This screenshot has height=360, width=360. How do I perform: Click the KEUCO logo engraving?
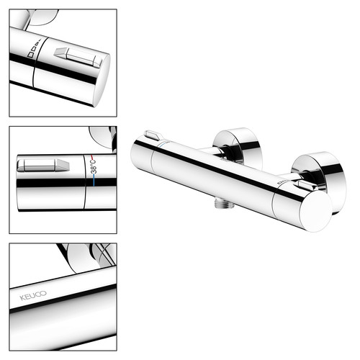[x=33, y=295]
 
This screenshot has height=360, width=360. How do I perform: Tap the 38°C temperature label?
[x=94, y=167]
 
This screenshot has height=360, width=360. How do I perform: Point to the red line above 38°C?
[x=92, y=157]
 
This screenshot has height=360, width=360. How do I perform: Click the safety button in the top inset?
[x=78, y=58]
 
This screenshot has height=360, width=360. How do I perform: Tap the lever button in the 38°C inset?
[x=43, y=165]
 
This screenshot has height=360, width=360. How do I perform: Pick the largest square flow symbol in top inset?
[x=30, y=55]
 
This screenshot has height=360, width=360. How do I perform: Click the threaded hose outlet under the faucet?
[x=221, y=204]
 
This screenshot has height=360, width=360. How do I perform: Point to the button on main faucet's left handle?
[x=152, y=135]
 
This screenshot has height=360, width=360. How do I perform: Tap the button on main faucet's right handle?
[x=306, y=186]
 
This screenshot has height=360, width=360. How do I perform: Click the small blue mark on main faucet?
[x=163, y=144]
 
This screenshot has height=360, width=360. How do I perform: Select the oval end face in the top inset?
[x=102, y=81]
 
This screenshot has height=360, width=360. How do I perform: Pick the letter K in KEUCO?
[x=22, y=298]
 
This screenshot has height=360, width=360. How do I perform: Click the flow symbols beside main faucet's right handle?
[x=283, y=182]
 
